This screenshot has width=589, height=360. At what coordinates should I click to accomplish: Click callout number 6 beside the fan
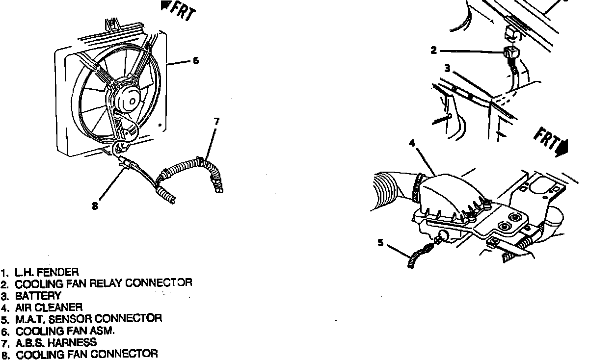[195, 61]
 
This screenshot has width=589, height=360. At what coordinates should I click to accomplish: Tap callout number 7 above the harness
[216, 121]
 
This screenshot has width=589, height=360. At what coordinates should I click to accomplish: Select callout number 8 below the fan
[95, 206]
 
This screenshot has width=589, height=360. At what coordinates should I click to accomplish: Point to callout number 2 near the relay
[433, 50]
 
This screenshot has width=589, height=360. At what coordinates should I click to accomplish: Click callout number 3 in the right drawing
[447, 69]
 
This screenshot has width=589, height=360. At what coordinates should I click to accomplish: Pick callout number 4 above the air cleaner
[412, 143]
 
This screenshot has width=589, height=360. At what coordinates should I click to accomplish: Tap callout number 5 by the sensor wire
[380, 242]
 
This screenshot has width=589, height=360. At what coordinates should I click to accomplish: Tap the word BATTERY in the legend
[38, 296]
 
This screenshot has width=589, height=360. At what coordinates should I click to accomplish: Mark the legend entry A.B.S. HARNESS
[56, 342]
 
